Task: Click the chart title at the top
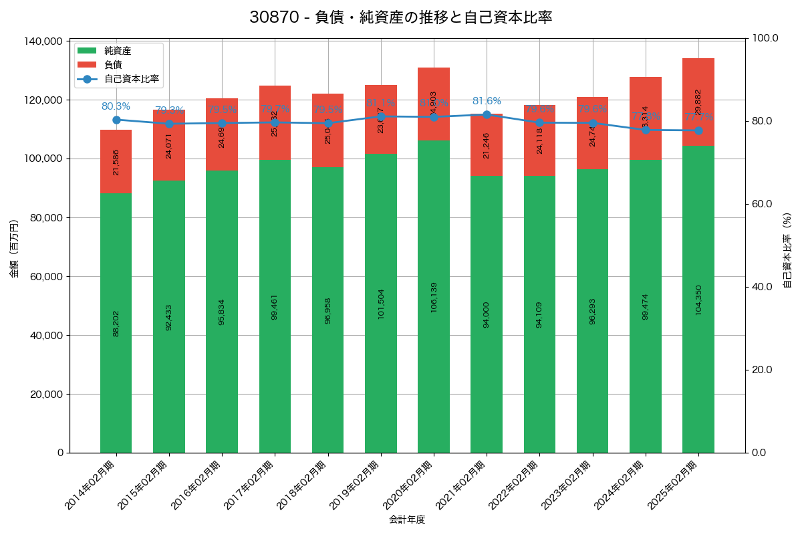(x=400, y=17)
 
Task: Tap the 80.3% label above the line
(x=116, y=106)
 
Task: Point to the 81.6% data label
(x=487, y=101)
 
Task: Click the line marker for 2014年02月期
(x=116, y=120)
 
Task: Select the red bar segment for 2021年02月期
(x=487, y=145)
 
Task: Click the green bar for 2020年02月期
(x=434, y=294)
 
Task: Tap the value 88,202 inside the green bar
(x=116, y=323)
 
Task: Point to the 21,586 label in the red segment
(x=116, y=163)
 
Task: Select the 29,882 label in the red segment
(x=698, y=102)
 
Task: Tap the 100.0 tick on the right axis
(x=766, y=38)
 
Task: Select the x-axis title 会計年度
(x=407, y=520)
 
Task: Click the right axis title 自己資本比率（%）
(x=787, y=250)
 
